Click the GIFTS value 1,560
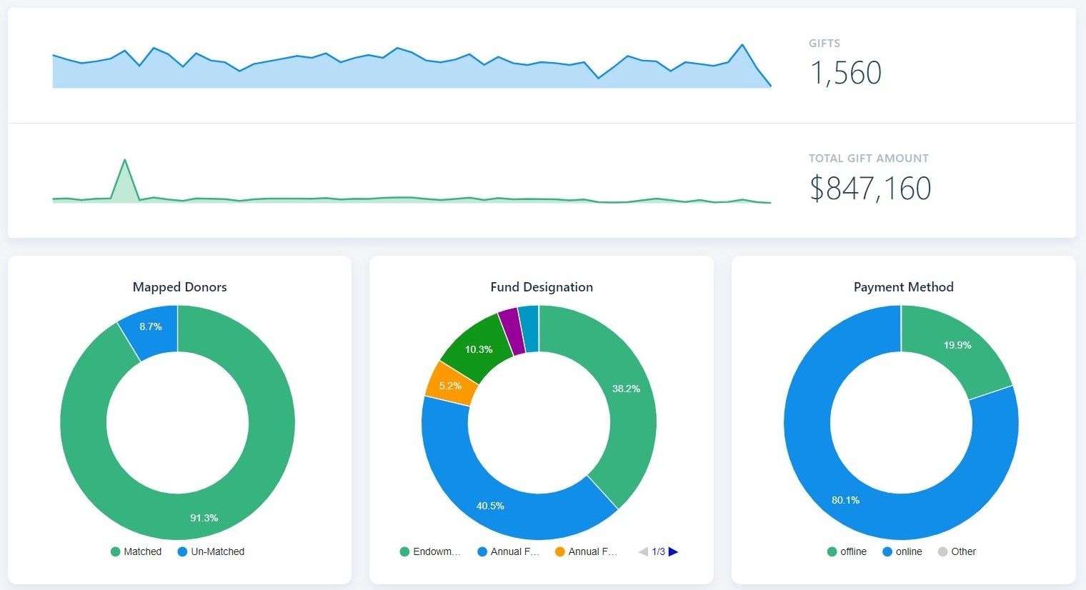(x=845, y=73)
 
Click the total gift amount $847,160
(x=870, y=189)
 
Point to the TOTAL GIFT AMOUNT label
(x=868, y=159)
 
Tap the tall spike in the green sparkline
(x=125, y=163)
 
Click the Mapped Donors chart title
(x=179, y=287)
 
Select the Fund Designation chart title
(x=541, y=287)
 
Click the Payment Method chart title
(x=903, y=287)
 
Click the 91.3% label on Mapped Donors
(x=204, y=518)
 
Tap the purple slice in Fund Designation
(x=509, y=331)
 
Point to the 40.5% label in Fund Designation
(x=490, y=506)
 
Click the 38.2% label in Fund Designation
(x=626, y=389)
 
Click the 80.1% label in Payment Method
(x=845, y=500)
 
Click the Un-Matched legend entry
(x=211, y=551)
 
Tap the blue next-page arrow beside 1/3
(x=673, y=551)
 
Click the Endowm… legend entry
(x=430, y=551)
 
